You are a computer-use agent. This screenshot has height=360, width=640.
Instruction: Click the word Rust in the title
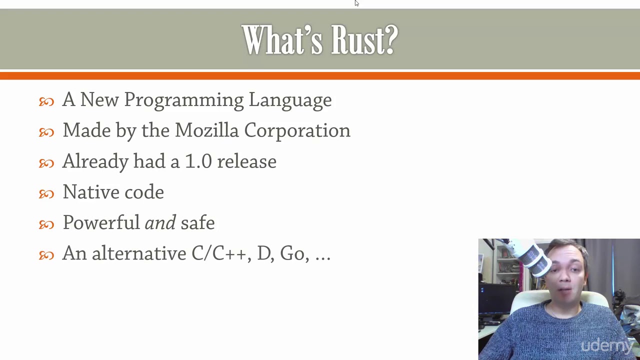click(x=364, y=40)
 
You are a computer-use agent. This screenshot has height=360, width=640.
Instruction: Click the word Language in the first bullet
click(x=290, y=100)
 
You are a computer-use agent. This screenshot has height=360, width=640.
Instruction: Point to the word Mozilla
click(x=207, y=130)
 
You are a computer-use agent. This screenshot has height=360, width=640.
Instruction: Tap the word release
click(x=246, y=161)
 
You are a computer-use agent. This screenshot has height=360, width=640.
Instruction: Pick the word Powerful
click(x=101, y=223)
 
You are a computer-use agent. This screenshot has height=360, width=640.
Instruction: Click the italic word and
click(x=160, y=223)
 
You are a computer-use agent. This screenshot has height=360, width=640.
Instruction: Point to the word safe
click(x=197, y=223)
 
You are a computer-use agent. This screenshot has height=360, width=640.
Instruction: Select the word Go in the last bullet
click(x=292, y=254)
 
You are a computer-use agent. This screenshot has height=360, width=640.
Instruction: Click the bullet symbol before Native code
click(x=46, y=193)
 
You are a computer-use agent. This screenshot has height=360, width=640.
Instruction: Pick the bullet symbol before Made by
click(x=46, y=132)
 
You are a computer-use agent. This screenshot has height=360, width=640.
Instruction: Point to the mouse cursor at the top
click(x=356, y=3)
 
